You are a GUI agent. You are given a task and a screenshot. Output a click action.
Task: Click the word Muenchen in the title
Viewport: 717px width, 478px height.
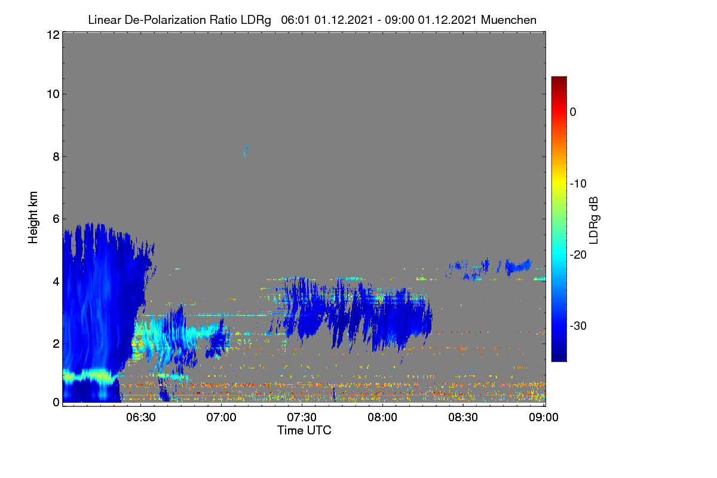point(508,20)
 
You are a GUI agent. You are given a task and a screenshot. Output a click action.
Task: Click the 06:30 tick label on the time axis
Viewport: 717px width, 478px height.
point(141,417)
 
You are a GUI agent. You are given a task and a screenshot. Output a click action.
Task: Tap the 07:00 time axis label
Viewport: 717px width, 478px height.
point(221,417)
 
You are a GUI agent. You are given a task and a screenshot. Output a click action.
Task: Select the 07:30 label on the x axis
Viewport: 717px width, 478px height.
point(302,417)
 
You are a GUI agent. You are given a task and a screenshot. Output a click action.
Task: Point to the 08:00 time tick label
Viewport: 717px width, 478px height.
point(382,417)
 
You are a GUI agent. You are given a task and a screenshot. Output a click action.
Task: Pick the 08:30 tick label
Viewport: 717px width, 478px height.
point(463,417)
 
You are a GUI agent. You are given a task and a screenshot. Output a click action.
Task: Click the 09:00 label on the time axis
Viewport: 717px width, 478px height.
point(544,417)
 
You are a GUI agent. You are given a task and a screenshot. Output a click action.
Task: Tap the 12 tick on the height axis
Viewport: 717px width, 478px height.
point(53,35)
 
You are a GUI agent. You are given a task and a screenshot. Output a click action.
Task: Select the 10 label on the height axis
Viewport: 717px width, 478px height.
point(53,94)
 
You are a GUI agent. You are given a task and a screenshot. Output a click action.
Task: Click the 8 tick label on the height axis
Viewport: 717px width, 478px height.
point(56,157)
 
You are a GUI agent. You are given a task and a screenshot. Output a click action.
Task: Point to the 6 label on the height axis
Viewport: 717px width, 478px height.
point(56,219)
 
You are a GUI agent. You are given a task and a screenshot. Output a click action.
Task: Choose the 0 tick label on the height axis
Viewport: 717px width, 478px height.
point(56,402)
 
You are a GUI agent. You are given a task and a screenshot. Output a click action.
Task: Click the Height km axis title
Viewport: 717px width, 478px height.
point(33,217)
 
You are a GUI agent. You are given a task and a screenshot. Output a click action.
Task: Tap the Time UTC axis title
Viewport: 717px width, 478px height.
point(304,430)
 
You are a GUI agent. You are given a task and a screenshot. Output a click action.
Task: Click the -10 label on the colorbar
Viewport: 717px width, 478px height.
point(578,183)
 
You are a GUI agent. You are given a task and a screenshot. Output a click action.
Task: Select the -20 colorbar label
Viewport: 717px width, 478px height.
point(578,255)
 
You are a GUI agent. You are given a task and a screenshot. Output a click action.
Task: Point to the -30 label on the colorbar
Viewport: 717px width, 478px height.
point(578,326)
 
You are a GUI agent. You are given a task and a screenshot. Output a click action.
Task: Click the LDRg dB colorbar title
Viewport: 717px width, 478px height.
point(594,220)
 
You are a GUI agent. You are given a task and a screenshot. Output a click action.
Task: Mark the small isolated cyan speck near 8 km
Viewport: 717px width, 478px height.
point(246,151)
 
